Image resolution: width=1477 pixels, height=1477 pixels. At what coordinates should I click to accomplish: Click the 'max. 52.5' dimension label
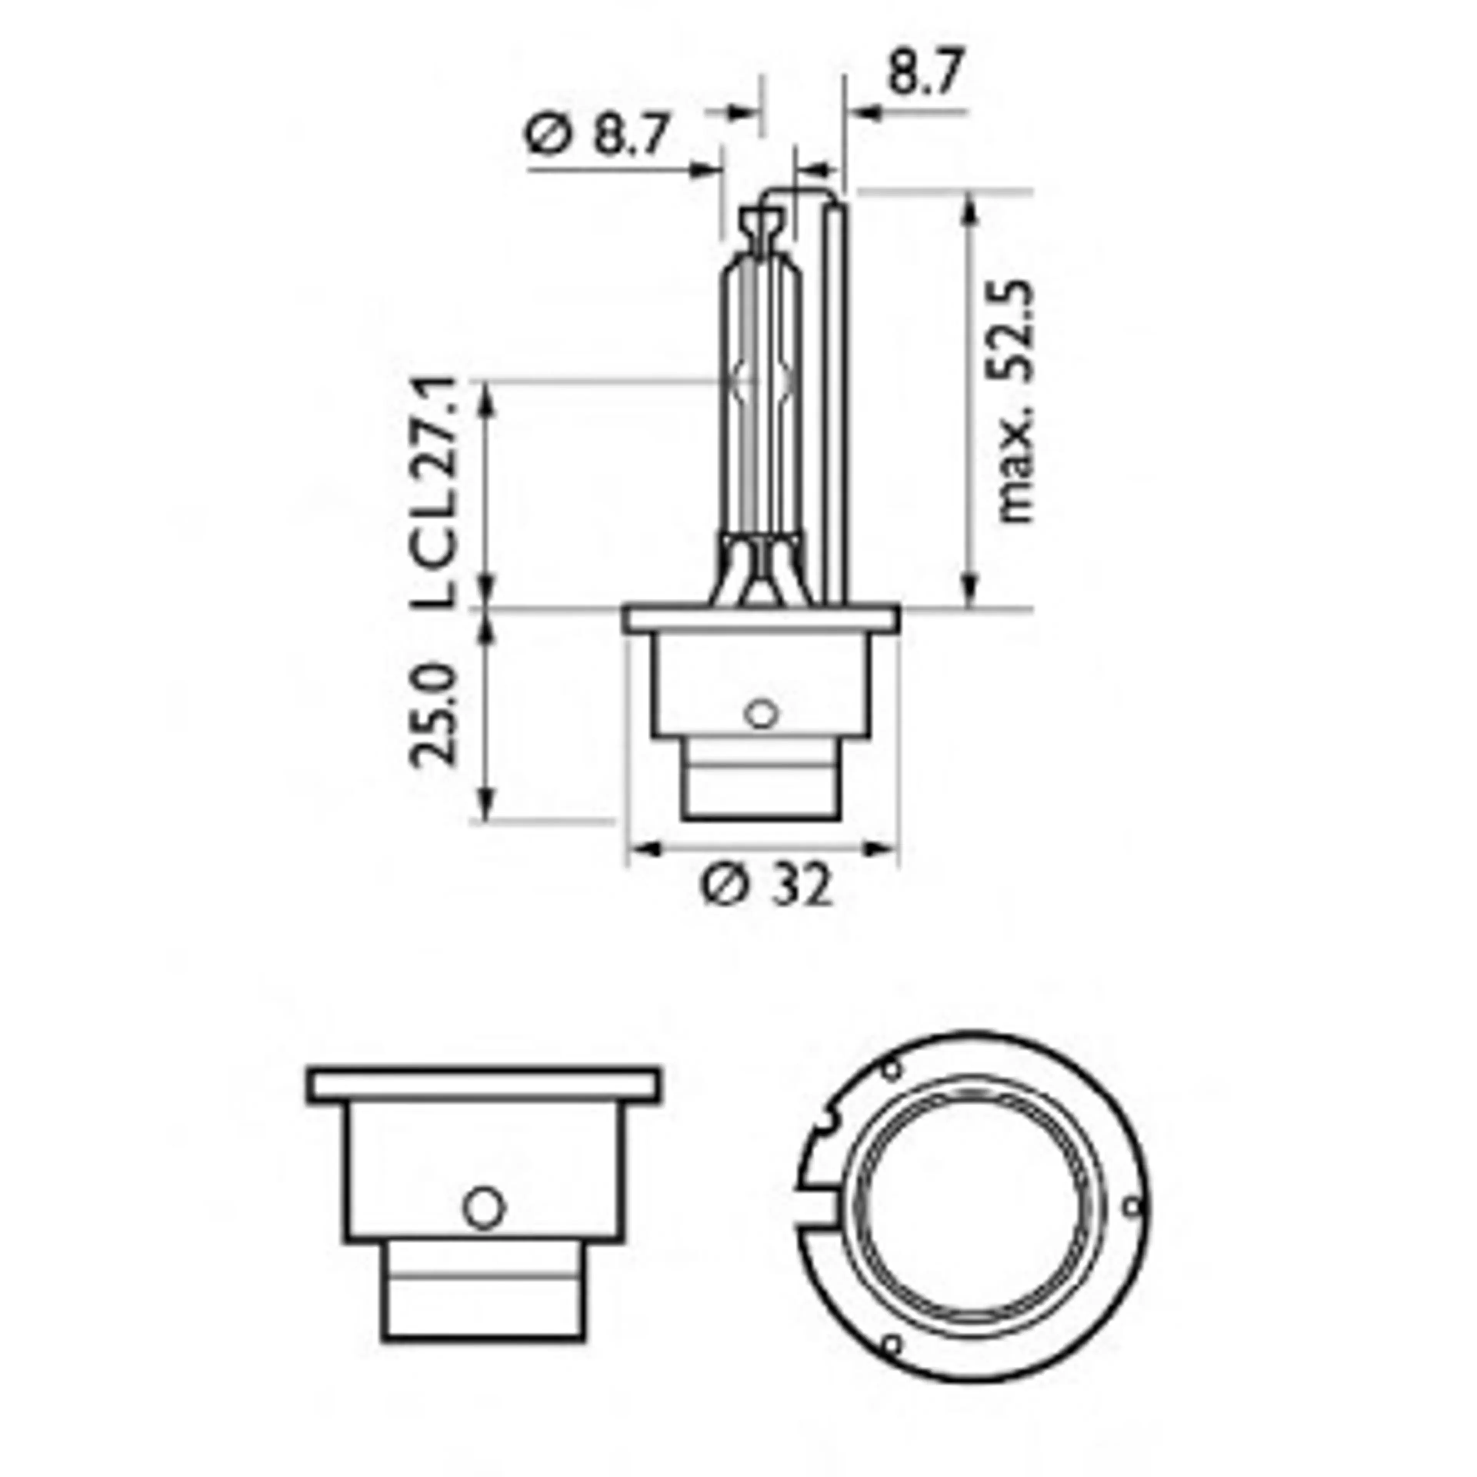point(1017,401)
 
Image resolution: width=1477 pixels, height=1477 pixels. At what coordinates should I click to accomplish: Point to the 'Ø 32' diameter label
point(767,887)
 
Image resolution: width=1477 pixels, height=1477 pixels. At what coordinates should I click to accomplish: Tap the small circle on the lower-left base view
point(484,1208)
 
